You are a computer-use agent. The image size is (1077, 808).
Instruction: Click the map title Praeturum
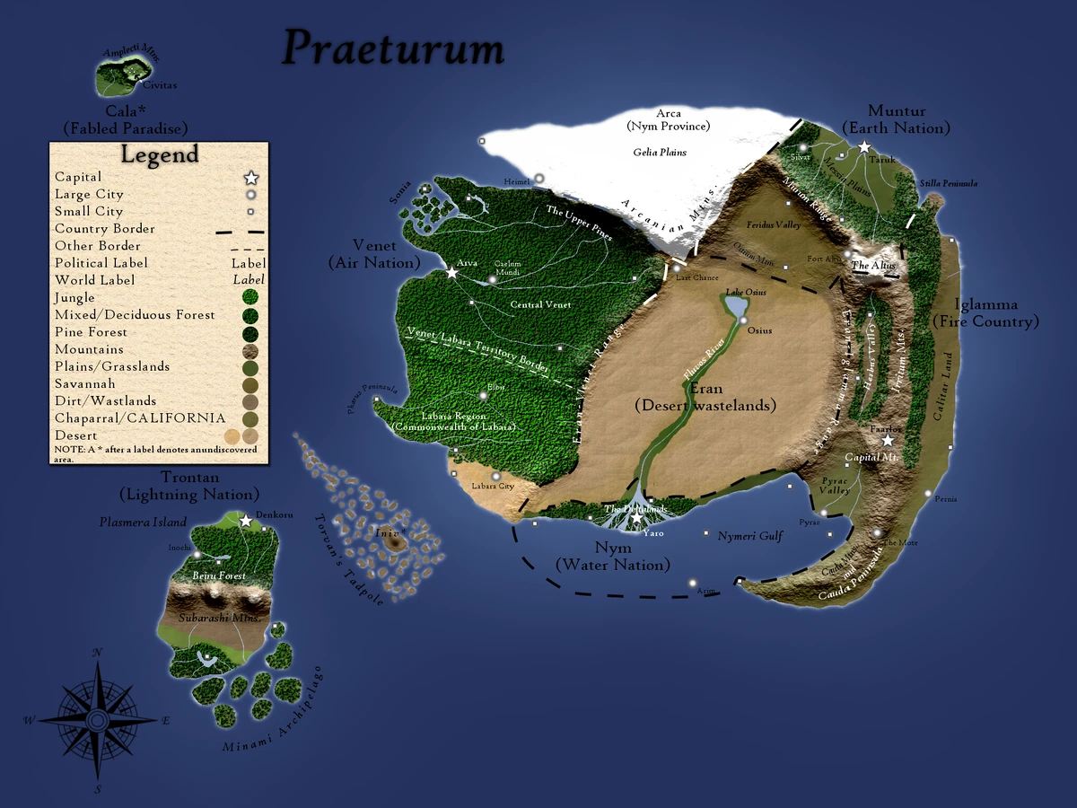tap(393, 48)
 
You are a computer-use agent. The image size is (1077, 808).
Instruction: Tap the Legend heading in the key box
tap(160, 154)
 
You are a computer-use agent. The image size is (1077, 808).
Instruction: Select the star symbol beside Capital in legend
tap(251, 178)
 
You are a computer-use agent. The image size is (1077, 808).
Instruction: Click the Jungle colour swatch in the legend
tap(251, 298)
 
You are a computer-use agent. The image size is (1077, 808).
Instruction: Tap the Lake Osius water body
tap(737, 306)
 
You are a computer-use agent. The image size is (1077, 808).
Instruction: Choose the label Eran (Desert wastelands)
tap(705, 397)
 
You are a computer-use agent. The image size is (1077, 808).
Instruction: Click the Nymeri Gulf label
tap(750, 536)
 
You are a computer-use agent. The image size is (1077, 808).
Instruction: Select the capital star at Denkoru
tap(246, 520)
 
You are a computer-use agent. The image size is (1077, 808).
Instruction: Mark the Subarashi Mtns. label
tap(219, 619)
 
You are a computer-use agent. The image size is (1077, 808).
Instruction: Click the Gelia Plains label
tap(660, 153)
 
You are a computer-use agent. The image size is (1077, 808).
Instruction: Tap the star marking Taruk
tap(864, 146)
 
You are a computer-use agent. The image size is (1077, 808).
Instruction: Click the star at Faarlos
tap(888, 440)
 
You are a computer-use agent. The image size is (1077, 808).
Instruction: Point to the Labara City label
tap(494, 487)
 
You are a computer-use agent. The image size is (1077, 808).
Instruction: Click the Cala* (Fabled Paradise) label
tap(125, 120)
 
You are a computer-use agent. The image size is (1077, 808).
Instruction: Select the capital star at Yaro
tap(637, 518)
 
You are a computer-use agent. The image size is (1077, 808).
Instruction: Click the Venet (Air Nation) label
tap(374, 254)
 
